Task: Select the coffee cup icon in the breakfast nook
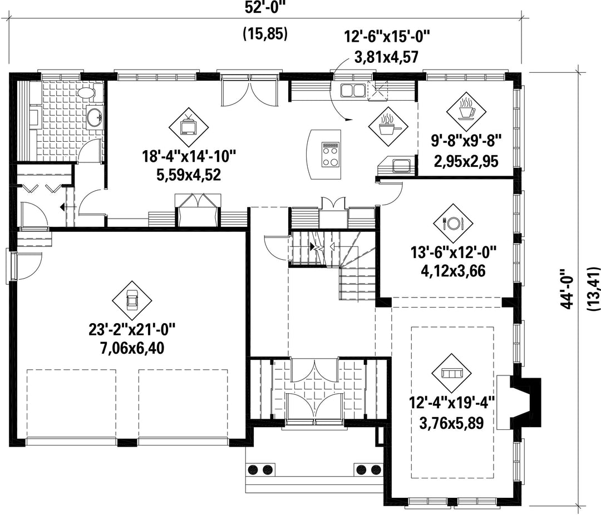(466, 111)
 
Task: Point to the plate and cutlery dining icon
(453, 223)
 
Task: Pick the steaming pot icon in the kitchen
(388, 126)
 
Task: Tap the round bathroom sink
(94, 116)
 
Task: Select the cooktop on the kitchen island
(331, 155)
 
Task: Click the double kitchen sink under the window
(352, 91)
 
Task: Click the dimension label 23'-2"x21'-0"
(132, 330)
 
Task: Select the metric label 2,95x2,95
(466, 161)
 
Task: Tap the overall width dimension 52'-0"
(265, 8)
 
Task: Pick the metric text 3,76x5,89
(451, 423)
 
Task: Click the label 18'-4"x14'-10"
(189, 157)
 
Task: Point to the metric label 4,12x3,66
(453, 271)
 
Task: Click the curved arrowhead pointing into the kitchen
(348, 120)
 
